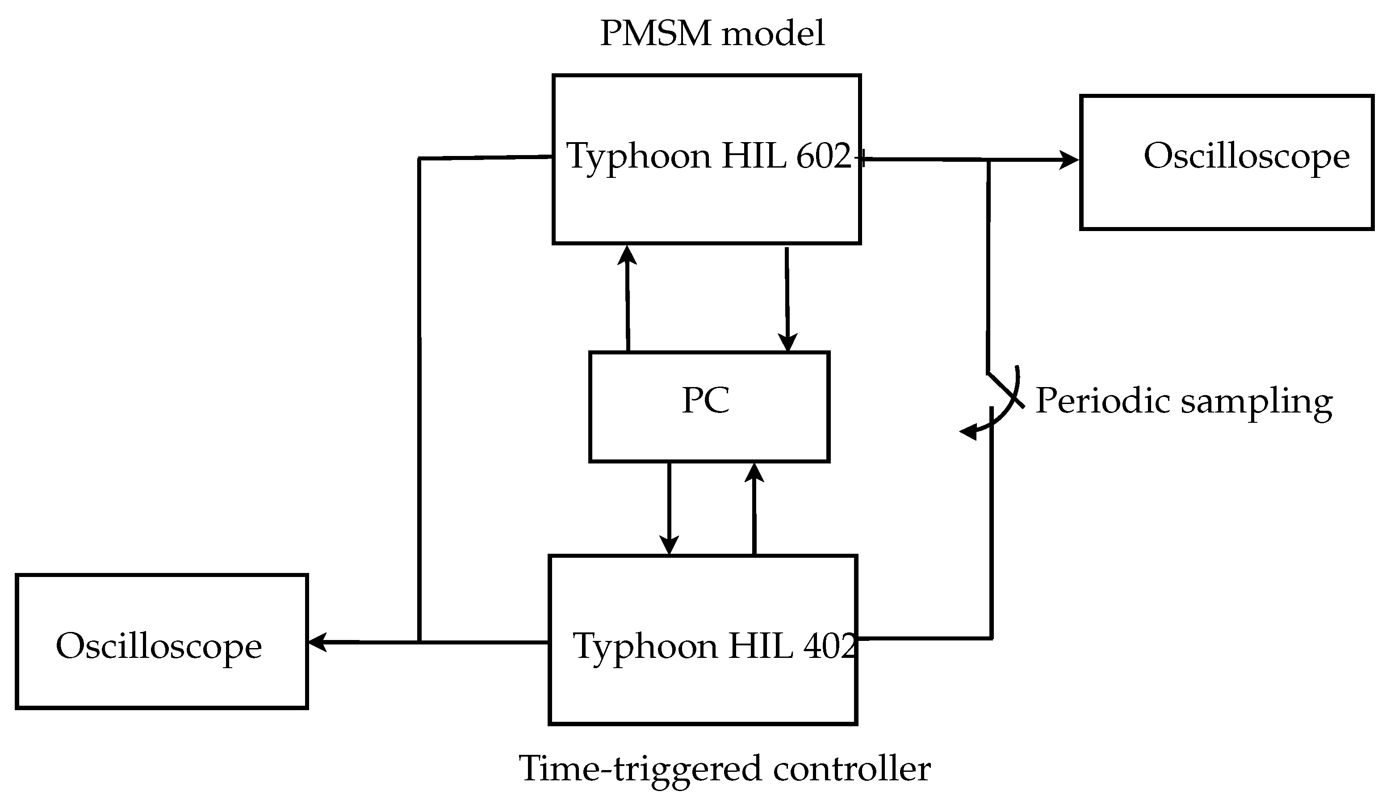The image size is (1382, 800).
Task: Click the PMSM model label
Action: (x=712, y=34)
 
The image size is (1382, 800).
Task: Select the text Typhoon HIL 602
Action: (x=709, y=156)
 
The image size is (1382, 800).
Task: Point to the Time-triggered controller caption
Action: (x=725, y=768)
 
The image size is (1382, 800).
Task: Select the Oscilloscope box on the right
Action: (x=1227, y=162)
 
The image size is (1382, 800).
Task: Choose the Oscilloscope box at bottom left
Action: (x=162, y=642)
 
